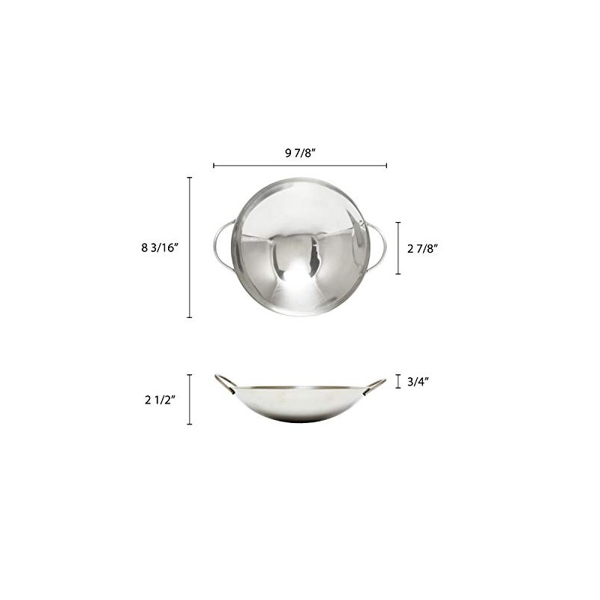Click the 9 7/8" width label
click(x=299, y=152)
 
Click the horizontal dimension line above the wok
click(x=300, y=165)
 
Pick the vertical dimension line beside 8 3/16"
click(x=189, y=247)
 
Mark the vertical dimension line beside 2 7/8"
click(x=398, y=248)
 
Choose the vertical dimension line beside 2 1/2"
click(x=189, y=400)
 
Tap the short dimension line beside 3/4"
click(x=398, y=381)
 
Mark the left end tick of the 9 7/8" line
click(x=214, y=165)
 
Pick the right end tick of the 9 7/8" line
click(x=387, y=165)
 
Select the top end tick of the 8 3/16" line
click(x=189, y=178)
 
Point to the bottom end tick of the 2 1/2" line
click(x=189, y=424)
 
